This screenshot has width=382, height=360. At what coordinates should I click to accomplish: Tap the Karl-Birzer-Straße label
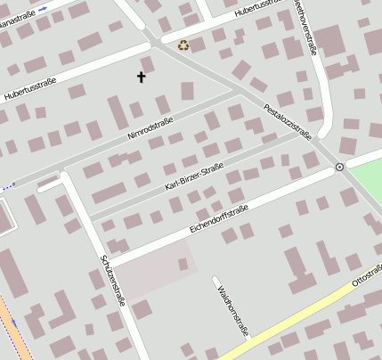pos(194,176)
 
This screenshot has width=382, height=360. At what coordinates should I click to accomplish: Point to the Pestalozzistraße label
pos(289,123)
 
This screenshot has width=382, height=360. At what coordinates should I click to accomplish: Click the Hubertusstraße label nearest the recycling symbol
pos(264,10)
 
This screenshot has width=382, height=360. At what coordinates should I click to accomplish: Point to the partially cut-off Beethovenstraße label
pos(311,25)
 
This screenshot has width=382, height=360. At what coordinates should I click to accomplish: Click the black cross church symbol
pos(141,78)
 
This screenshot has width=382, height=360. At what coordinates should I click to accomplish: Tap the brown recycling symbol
pos(183,45)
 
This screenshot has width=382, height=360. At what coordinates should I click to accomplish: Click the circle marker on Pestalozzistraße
pos(339,167)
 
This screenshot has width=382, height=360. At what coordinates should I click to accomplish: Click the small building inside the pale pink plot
pos(183,264)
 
